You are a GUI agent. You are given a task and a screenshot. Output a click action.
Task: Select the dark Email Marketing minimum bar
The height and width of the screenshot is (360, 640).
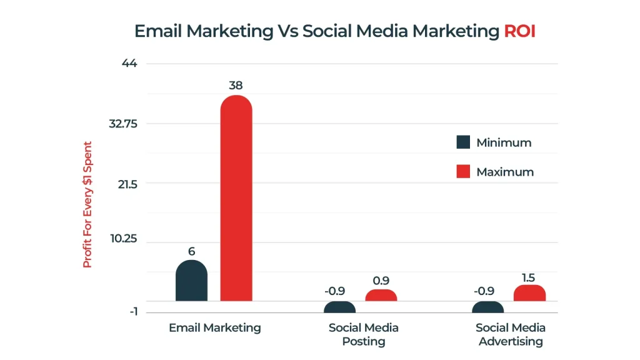(191, 281)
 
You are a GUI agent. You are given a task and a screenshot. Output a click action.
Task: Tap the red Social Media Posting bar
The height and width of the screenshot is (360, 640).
(381, 296)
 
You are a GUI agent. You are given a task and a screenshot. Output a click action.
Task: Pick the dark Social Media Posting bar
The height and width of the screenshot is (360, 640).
(339, 307)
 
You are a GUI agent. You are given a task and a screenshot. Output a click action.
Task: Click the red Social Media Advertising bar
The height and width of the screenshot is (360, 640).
(529, 293)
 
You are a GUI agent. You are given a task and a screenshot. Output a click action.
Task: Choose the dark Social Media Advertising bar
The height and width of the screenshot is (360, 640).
(488, 307)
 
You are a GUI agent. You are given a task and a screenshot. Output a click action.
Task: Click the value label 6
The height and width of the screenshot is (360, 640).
(191, 251)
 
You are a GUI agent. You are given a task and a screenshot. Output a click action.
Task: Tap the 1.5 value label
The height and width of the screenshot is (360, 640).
(529, 277)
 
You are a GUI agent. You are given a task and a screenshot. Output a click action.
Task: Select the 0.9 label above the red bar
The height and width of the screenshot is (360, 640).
(381, 281)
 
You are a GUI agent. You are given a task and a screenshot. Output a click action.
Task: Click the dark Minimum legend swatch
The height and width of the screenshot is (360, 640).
(463, 142)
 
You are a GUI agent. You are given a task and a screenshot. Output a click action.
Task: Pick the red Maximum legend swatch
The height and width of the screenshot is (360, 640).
(463, 171)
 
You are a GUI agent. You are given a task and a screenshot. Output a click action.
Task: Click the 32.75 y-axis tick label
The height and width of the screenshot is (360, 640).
(122, 124)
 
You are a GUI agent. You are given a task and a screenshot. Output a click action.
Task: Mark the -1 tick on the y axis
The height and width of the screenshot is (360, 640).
(133, 312)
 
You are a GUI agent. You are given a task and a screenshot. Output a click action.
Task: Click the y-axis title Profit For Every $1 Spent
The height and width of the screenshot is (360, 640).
(87, 204)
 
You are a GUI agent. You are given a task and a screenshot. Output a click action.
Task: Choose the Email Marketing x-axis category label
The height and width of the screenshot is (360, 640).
(214, 327)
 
